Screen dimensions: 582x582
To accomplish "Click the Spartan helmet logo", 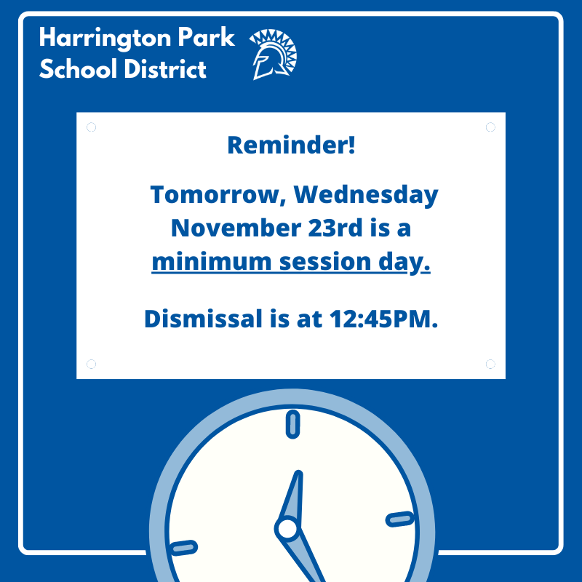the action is click(x=274, y=54).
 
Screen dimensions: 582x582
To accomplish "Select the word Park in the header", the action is click(x=206, y=37).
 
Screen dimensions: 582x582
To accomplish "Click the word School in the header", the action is click(x=78, y=68).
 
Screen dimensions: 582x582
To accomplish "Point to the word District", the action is click(x=165, y=68).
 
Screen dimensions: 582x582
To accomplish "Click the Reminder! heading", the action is click(x=292, y=145).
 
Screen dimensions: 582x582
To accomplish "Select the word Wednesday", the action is click(x=366, y=195).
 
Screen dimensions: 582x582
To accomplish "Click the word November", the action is click(x=236, y=228).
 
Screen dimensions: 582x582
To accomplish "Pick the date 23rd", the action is click(x=335, y=228).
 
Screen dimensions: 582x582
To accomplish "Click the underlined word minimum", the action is click(x=212, y=261).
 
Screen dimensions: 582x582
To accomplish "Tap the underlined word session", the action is click(x=325, y=262).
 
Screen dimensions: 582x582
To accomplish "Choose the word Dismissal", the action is click(x=204, y=319).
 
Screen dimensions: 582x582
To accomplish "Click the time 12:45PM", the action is click(x=384, y=319).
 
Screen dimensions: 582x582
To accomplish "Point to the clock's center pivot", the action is click(x=287, y=529).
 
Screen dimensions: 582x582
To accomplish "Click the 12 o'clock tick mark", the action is click(x=293, y=424).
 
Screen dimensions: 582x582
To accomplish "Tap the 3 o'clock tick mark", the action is click(x=400, y=519).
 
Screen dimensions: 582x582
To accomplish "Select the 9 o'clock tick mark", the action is click(x=183, y=548).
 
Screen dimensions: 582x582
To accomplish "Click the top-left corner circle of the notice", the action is click(x=92, y=127).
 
